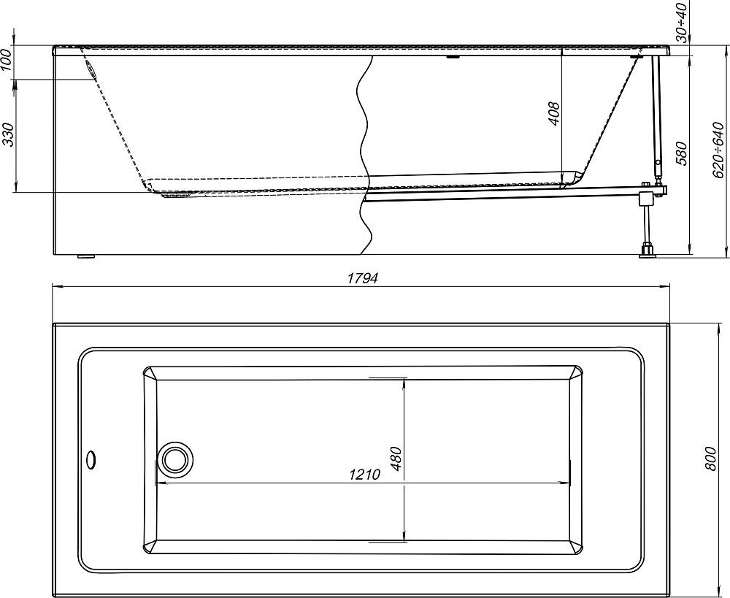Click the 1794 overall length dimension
(x=363, y=278)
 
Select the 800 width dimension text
(x=710, y=459)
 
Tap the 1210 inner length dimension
(x=364, y=475)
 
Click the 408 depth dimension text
(x=554, y=113)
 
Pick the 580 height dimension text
(x=680, y=153)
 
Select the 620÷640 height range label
(x=719, y=150)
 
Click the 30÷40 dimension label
(x=682, y=22)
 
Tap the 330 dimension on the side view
(x=9, y=134)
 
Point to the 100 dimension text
(x=6, y=59)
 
